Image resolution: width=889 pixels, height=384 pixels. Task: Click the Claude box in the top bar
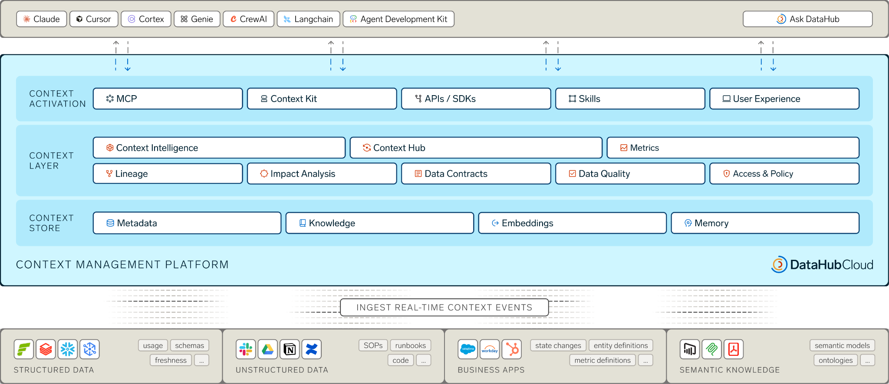pos(42,19)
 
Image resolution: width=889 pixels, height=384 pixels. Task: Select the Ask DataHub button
pos(807,19)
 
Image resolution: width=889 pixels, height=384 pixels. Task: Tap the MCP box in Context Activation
pos(168,99)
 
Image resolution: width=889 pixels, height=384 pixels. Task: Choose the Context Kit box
pos(322,99)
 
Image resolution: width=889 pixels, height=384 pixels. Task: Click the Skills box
pos(630,99)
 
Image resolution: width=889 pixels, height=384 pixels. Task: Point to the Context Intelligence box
pos(219,148)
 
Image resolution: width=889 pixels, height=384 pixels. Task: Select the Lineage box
pos(168,174)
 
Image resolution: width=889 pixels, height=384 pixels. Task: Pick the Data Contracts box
pos(476,174)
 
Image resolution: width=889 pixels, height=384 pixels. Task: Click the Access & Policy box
pos(784,174)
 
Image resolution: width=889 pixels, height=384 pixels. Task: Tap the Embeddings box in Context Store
pos(573,223)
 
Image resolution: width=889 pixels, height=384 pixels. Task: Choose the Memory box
pos(765,223)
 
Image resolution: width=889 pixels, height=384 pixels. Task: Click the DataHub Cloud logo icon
pos(779,265)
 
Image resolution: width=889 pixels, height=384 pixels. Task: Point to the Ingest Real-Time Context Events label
pos(444,308)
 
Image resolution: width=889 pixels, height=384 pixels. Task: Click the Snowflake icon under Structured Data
pos(68,349)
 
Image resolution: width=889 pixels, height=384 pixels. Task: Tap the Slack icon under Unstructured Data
pos(246,349)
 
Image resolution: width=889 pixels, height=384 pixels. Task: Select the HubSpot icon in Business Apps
pos(512,349)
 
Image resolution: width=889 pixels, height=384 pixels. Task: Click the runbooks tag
pos(411,345)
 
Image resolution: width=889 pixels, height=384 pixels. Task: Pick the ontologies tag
pos(836,360)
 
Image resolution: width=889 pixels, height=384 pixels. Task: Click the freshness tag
pos(171,360)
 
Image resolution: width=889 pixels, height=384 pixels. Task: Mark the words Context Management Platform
pos(122,265)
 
